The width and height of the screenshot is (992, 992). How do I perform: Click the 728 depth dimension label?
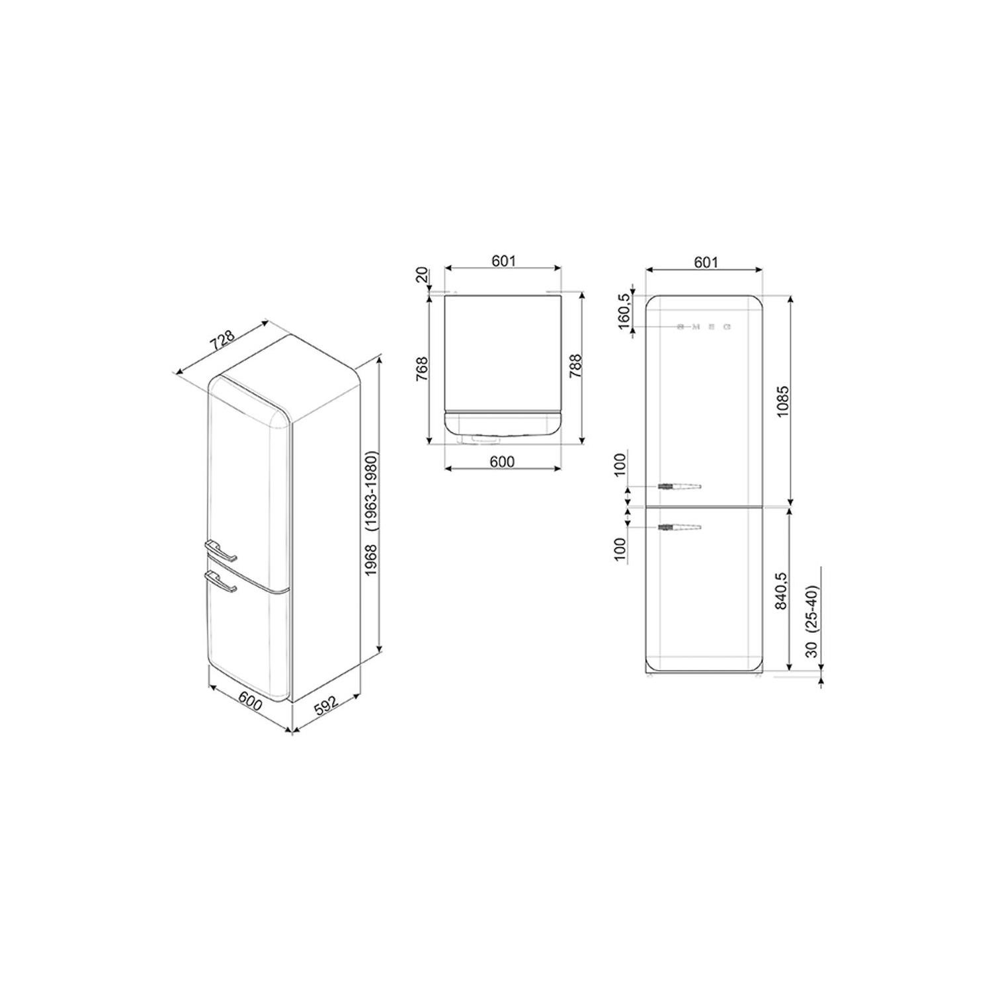coord(223,339)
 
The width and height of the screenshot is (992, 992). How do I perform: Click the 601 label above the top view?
coord(503,261)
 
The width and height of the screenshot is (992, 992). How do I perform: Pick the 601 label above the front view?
coord(706,262)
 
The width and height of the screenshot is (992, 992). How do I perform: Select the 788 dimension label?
coord(575,367)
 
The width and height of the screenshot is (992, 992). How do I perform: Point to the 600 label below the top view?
coord(503,461)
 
